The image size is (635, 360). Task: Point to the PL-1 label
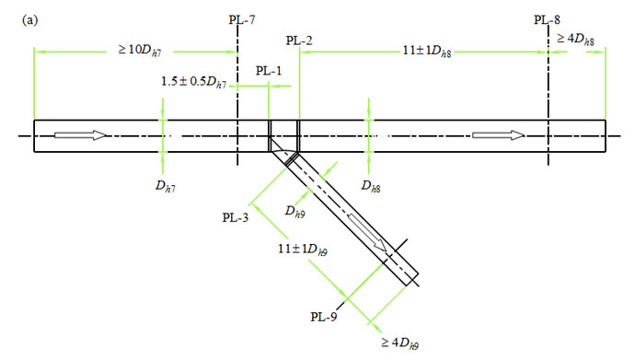pyautogui.click(x=270, y=69)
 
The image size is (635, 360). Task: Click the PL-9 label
pyautogui.click(x=326, y=316)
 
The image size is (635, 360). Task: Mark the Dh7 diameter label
pyautogui.click(x=162, y=188)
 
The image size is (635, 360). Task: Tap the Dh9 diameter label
pyautogui.click(x=294, y=211)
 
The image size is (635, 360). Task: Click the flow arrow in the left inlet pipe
pyautogui.click(x=80, y=135)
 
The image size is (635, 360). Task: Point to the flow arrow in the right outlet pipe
pyautogui.click(x=498, y=135)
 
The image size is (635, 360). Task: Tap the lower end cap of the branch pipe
pyautogui.click(x=412, y=276)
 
